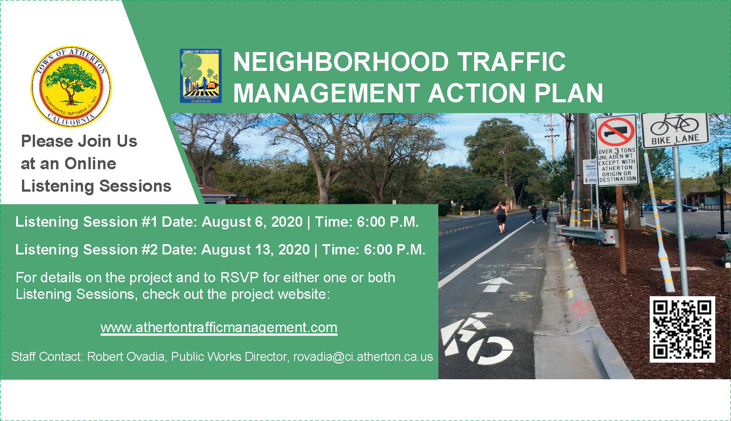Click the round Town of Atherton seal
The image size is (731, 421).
tap(71, 87)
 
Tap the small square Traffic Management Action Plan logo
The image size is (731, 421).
tap(201, 76)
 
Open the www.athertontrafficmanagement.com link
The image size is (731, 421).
tap(219, 328)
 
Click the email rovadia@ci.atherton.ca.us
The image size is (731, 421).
tap(363, 357)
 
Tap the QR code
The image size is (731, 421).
tap(682, 329)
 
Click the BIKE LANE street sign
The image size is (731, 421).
tap(674, 130)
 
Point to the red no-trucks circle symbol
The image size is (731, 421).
tap(616, 131)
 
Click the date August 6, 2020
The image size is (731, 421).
tap(252, 222)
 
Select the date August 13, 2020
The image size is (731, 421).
tap(255, 250)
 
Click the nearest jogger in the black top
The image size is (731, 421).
tap(500, 217)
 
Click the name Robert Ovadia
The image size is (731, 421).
tap(126, 357)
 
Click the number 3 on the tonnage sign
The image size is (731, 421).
tap(617, 151)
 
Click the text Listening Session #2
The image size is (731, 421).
tap(86, 250)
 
